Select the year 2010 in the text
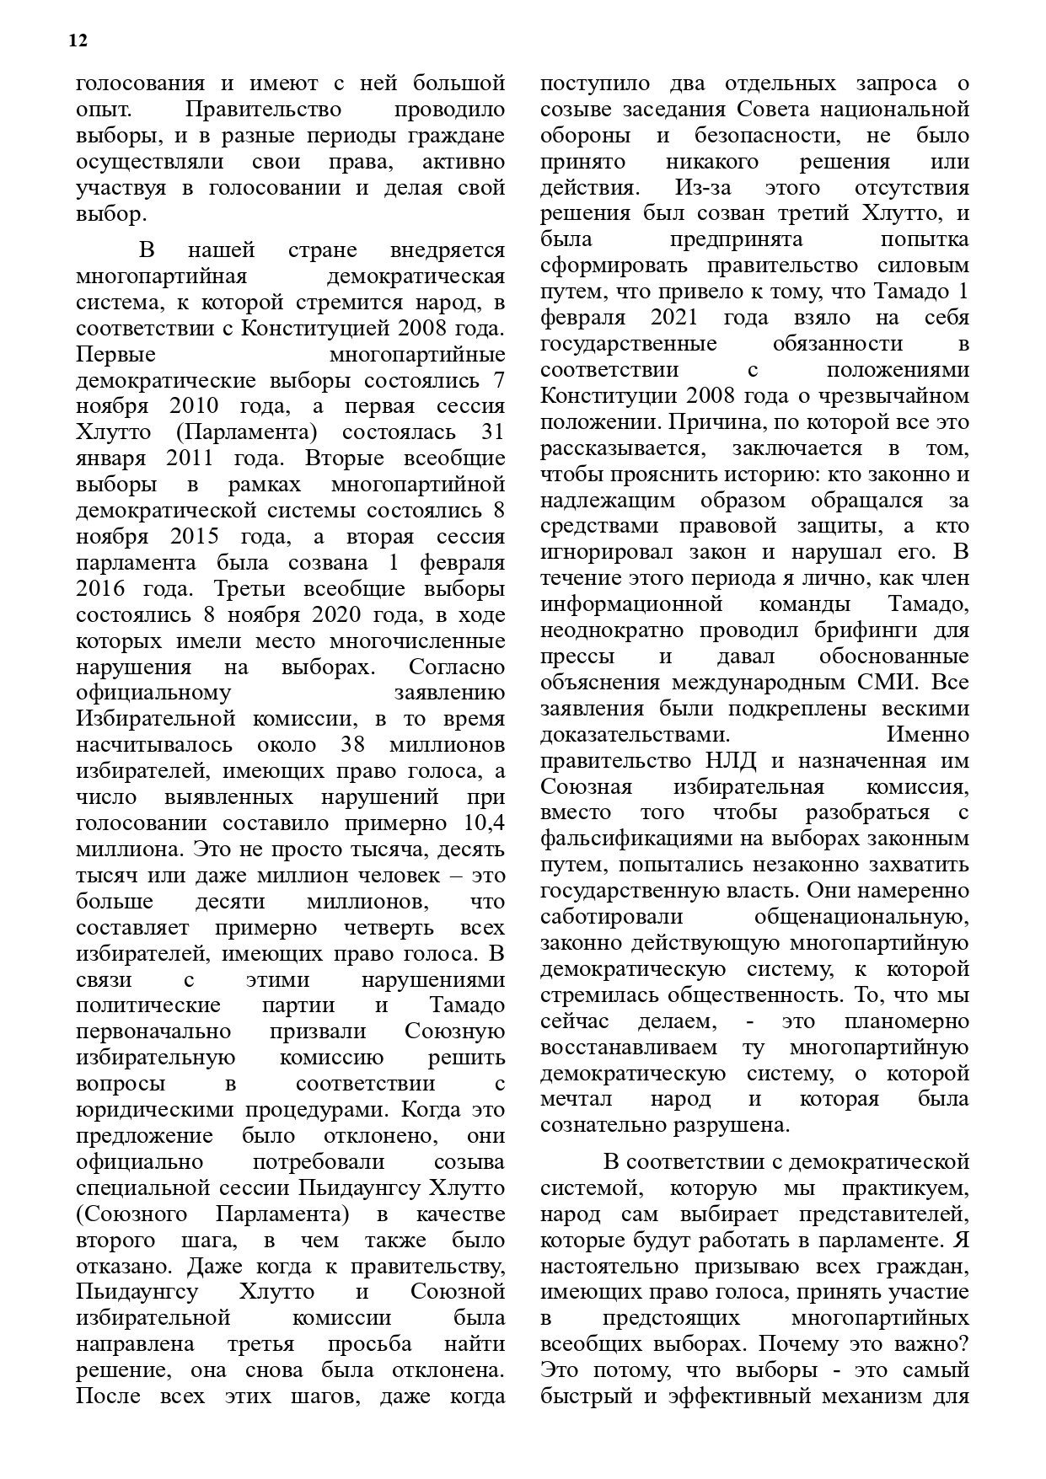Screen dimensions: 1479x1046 tap(194, 406)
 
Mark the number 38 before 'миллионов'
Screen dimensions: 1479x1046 tap(351, 745)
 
